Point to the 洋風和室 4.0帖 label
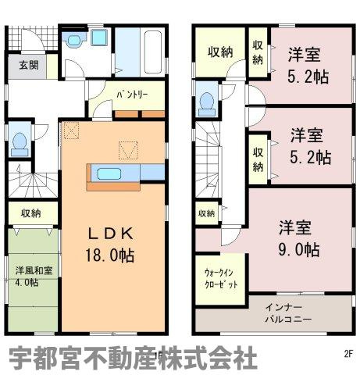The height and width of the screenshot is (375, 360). point(31,277)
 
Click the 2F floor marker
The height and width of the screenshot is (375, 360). point(348,352)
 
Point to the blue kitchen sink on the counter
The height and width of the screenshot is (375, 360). point(109,173)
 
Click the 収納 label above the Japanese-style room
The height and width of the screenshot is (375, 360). point(30,212)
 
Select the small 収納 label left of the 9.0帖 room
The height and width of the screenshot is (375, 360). point(206,212)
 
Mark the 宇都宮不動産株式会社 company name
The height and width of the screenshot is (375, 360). point(133,359)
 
